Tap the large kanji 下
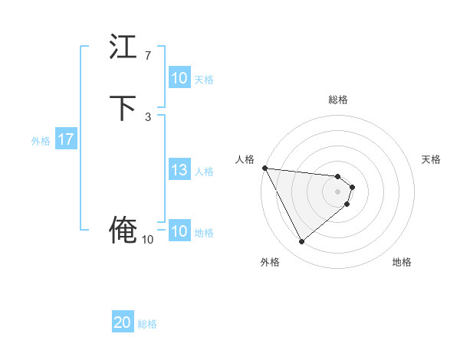[x=123, y=109]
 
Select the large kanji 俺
[x=123, y=230]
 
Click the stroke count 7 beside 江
[x=148, y=56]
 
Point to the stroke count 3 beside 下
[x=148, y=116]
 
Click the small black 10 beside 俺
[x=147, y=240]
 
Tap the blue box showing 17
[x=66, y=140]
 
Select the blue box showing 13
[x=179, y=171]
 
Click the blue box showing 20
[x=123, y=323]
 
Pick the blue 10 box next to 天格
[x=179, y=78]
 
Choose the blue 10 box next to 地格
[x=179, y=232]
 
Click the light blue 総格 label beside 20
[x=147, y=324]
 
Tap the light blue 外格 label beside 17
[x=41, y=141]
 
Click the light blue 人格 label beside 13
[x=204, y=172]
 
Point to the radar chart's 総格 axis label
[x=338, y=100]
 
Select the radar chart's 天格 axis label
[x=432, y=159]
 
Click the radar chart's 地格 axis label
[x=402, y=262]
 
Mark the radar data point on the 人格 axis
[x=264, y=168]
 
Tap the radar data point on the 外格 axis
[x=301, y=242]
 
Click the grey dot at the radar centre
[x=338, y=191]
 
